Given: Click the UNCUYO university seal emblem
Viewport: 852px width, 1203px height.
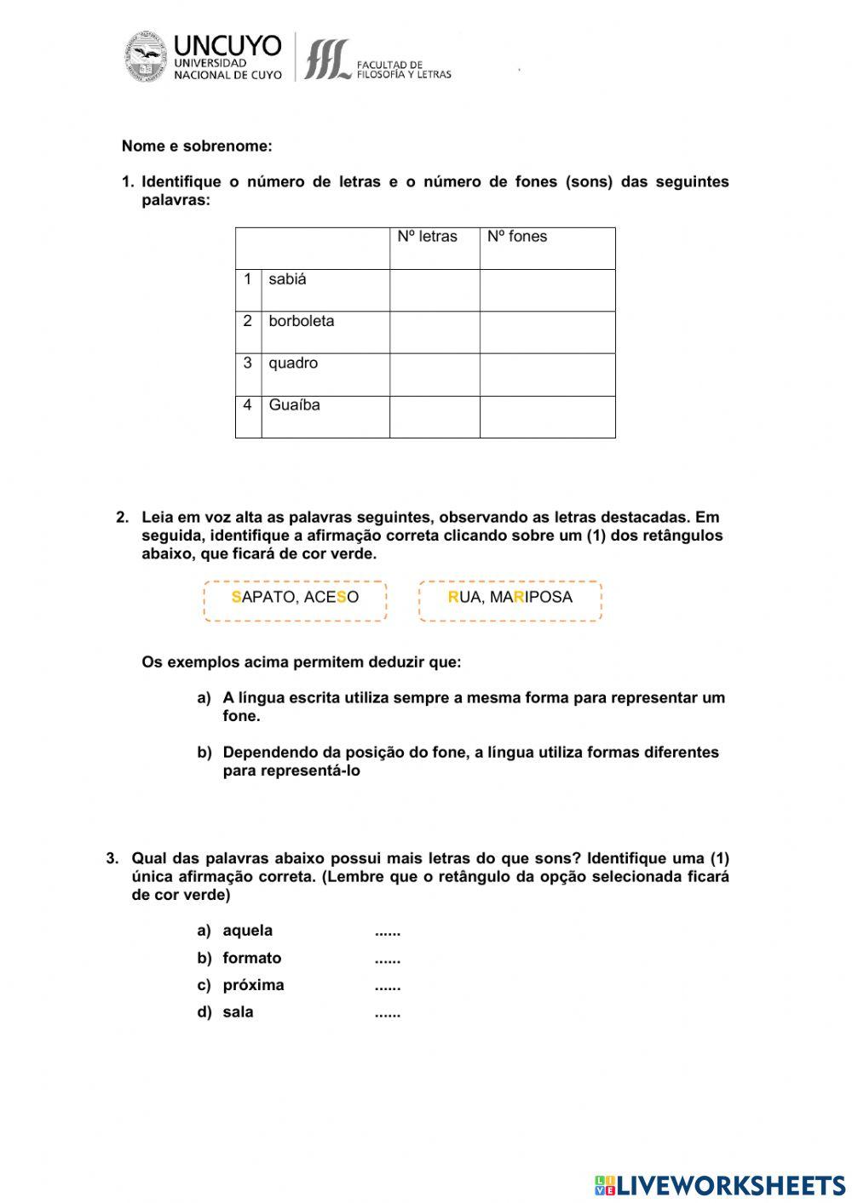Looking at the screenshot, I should pos(146,57).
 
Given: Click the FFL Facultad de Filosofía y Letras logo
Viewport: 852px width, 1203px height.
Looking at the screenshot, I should pos(327,59).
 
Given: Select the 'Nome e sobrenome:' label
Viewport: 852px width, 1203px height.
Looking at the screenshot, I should pos(197,146).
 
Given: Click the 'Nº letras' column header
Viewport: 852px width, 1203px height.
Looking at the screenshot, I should pos(427,237).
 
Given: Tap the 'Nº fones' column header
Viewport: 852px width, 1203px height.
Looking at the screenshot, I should pos(517,237).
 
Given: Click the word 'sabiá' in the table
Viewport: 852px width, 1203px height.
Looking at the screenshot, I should pos(287,279).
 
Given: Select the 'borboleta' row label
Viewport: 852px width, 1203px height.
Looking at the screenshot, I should pos(301,321).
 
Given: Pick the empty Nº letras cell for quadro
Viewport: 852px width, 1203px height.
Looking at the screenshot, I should pos(435,375).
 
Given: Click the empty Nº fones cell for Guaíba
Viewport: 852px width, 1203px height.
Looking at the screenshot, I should pos(547,416).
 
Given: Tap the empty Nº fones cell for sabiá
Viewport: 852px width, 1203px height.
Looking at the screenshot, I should pos(547,290).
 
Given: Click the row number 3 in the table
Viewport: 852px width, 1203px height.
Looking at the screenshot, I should pos(247,363).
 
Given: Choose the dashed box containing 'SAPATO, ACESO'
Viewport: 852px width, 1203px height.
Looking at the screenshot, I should pos(295,601).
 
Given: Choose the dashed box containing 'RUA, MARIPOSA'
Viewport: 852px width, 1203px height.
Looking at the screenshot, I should pos(510,601).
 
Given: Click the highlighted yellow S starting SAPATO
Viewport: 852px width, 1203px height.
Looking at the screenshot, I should pos(236,597).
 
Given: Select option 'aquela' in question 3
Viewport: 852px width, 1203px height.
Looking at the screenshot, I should pos(247,931).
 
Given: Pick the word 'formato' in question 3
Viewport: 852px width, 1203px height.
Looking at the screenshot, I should pos(251,958).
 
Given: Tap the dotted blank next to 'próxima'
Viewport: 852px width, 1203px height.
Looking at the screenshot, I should pos(387,986).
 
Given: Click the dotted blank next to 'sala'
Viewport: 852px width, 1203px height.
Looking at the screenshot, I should pos(387,1013).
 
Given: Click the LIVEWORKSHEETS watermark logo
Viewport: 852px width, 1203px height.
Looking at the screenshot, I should pos(720,1184).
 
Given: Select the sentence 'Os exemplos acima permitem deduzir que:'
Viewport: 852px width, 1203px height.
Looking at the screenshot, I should pos(301,662).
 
